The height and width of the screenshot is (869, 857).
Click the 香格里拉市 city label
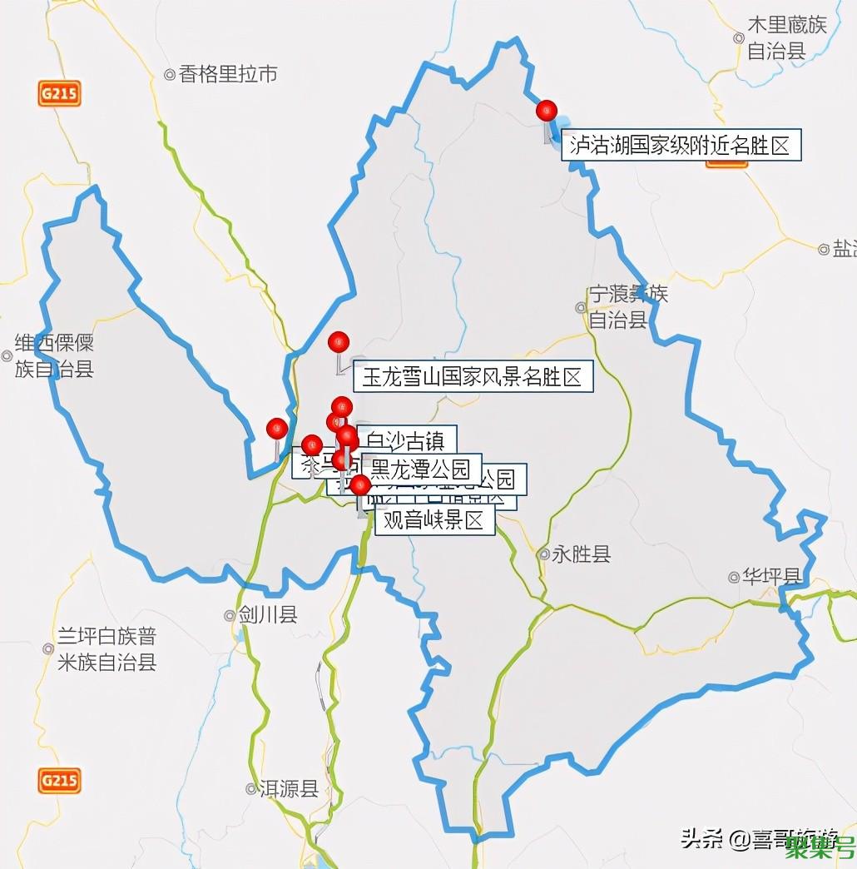pyautogui.click(x=226, y=75)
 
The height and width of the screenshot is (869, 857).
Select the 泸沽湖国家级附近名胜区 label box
pyautogui.click(x=681, y=146)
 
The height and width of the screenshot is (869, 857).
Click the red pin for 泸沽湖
pyautogui.click(x=546, y=110)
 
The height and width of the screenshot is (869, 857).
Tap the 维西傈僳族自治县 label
pyautogui.click(x=53, y=356)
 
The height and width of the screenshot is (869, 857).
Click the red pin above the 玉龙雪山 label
pyautogui.click(x=339, y=341)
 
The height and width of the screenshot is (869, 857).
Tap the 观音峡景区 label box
pyautogui.click(x=434, y=521)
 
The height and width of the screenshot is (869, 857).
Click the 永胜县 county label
pyautogui.click(x=581, y=554)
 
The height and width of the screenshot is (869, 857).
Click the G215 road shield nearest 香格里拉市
pyautogui.click(x=58, y=93)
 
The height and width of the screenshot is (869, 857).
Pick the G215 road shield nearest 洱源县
pyautogui.click(x=59, y=780)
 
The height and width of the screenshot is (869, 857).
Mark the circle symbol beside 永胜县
pyautogui.click(x=543, y=554)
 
